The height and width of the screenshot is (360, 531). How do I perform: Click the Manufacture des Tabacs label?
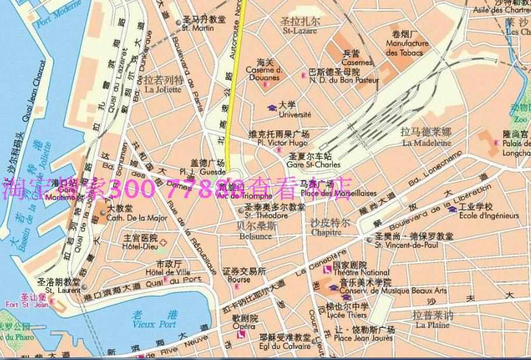(407, 48)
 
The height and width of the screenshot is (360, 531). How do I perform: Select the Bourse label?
(239, 280)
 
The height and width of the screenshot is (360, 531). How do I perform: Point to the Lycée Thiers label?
(347, 315)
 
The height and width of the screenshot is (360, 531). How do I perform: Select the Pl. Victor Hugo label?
(283, 143)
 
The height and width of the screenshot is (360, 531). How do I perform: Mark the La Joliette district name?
(163, 90)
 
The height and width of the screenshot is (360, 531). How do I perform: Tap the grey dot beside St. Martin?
(178, 23)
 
